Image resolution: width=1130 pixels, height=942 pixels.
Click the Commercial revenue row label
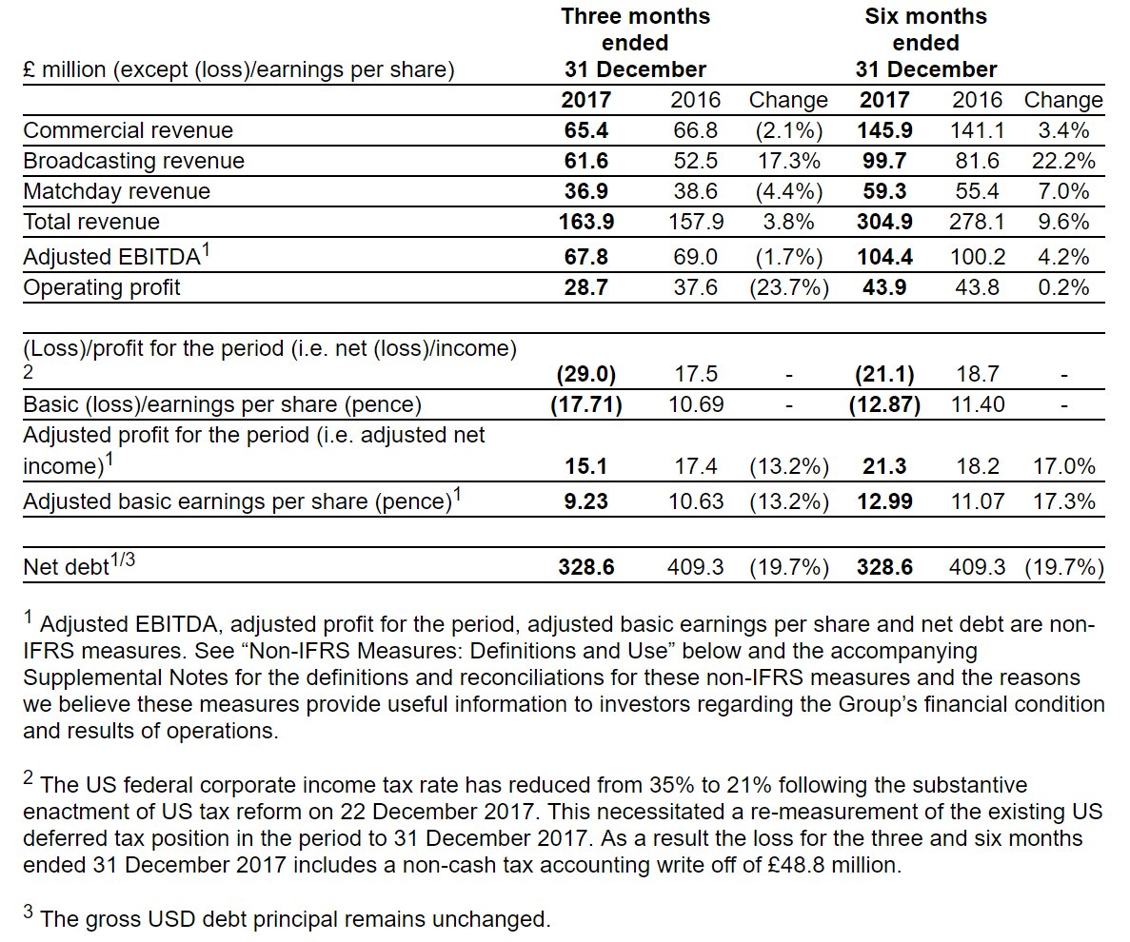click(x=128, y=130)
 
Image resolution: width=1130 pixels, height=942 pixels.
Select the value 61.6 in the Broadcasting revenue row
click(x=585, y=161)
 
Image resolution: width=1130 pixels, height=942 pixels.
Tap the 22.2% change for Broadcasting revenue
click(x=1063, y=161)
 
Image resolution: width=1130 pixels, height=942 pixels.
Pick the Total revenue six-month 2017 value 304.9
click(x=884, y=222)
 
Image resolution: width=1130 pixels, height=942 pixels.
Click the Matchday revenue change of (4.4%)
click(x=788, y=191)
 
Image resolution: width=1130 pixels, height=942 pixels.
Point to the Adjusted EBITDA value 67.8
click(x=585, y=256)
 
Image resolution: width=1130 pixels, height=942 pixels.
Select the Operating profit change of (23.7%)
click(x=788, y=287)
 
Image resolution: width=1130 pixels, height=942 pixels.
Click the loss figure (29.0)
click(x=585, y=375)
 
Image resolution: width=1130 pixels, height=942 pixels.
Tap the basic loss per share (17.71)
click(x=585, y=405)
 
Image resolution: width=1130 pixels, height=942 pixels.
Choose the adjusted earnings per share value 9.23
click(x=585, y=501)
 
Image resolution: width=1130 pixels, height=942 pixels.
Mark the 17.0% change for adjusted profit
click(x=1063, y=466)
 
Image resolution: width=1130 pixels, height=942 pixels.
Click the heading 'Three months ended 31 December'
click(x=635, y=43)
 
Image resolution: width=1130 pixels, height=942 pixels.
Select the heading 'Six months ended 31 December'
click(x=925, y=43)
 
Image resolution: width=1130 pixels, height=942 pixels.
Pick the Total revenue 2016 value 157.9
click(x=696, y=222)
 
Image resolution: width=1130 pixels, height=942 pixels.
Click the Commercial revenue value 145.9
click(x=884, y=130)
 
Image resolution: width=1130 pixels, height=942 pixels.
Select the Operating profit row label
click(x=102, y=287)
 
